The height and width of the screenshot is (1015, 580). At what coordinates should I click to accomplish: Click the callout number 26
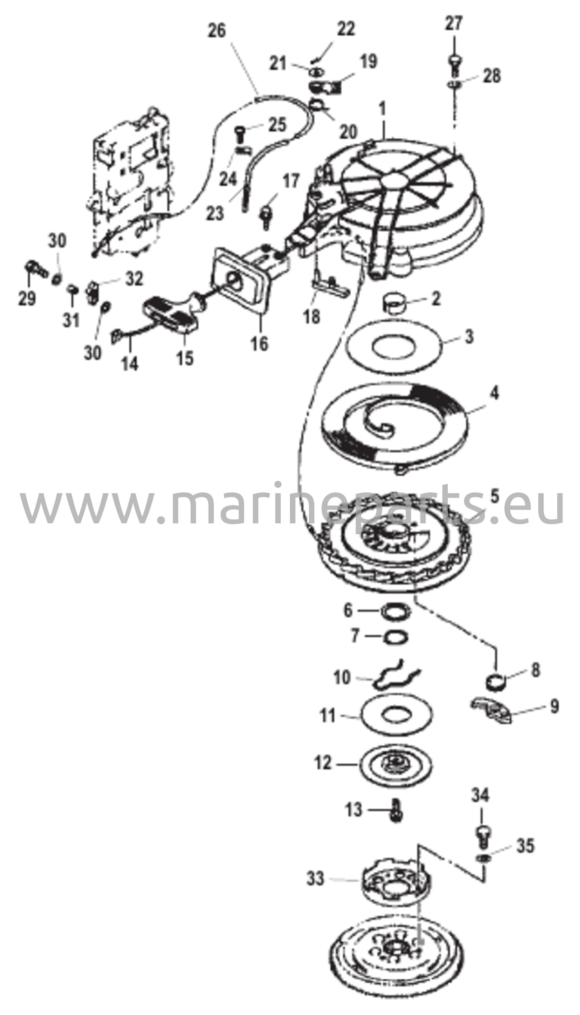point(216,31)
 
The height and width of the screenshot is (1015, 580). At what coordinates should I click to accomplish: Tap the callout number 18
point(312,316)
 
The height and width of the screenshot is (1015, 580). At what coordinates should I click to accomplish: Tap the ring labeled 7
point(396,636)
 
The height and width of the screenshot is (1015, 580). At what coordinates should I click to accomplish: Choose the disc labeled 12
point(395,763)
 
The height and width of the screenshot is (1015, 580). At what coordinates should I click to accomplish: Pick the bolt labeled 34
point(482,836)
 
